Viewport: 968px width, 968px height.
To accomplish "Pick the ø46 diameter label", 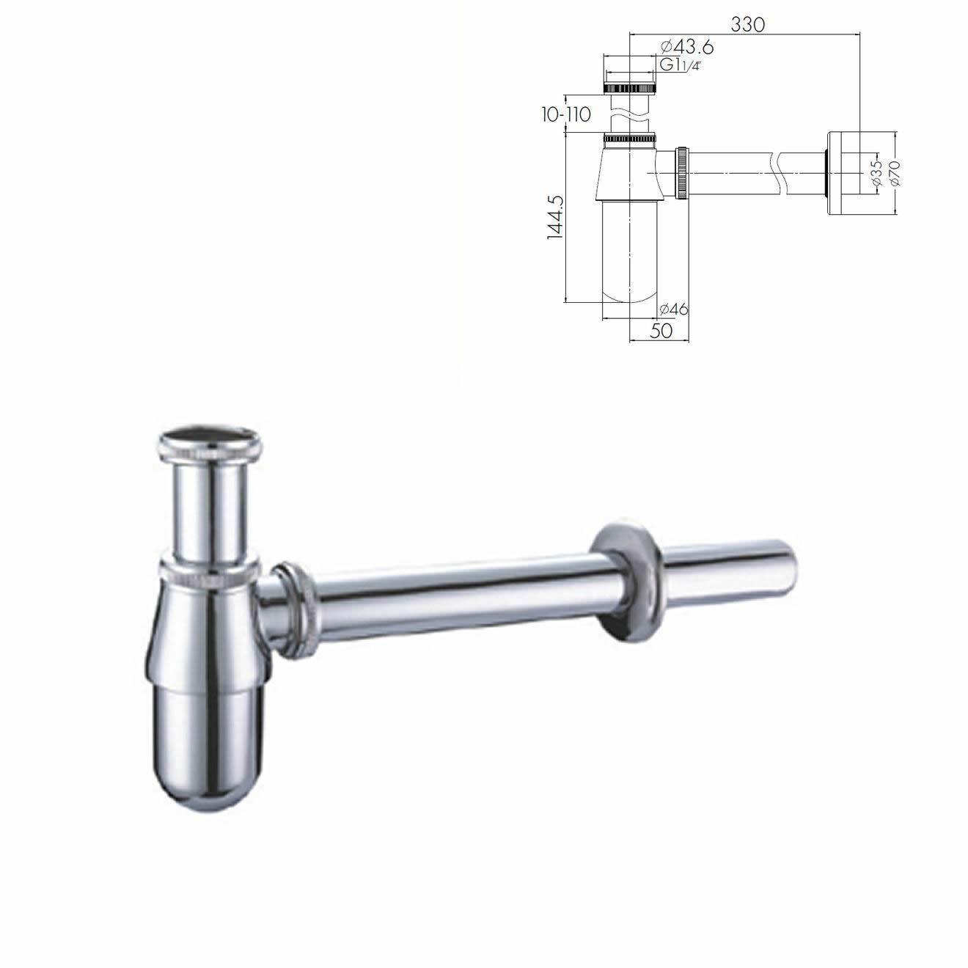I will click(x=673, y=309).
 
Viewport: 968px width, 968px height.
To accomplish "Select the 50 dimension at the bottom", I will click(x=661, y=330).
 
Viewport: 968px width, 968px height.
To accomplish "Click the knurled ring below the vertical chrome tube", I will click(x=209, y=573).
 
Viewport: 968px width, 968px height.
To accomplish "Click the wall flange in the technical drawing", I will click(x=844, y=174).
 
